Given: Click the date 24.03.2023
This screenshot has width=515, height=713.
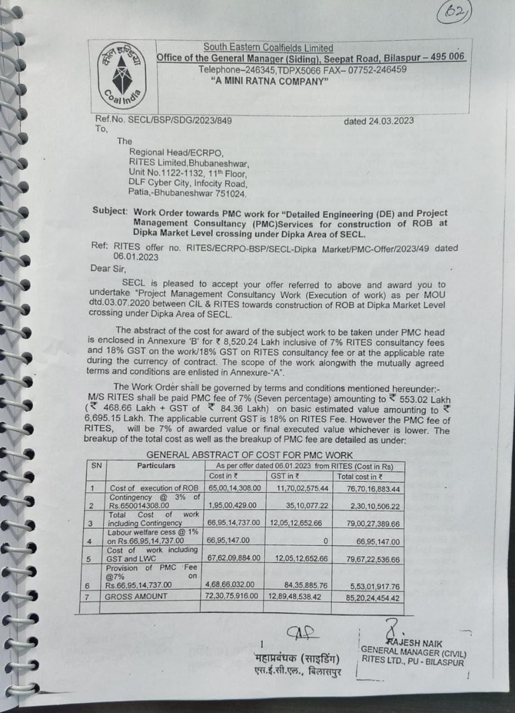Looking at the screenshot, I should pos(379,120).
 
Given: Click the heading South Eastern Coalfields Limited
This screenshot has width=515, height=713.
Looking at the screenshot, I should pos(268,48).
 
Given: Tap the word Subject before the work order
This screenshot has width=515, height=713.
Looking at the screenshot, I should pos(110,213).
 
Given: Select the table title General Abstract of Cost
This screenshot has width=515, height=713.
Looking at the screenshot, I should pos(249,455).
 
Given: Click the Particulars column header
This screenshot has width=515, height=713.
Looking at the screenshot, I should pos(156,465).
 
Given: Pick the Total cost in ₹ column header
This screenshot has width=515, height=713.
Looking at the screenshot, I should pos(360,476).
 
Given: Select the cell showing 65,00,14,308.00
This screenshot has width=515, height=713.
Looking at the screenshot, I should pos(232,488).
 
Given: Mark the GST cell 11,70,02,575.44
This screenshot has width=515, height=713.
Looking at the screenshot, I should pos(298,488).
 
